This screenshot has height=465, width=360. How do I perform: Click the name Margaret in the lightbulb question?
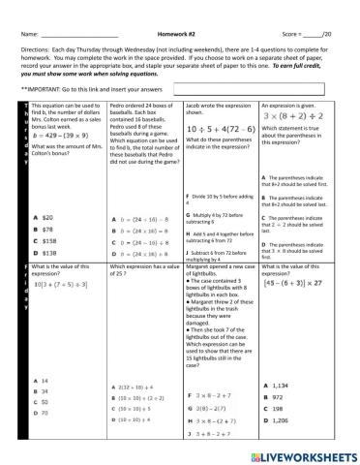200,266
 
